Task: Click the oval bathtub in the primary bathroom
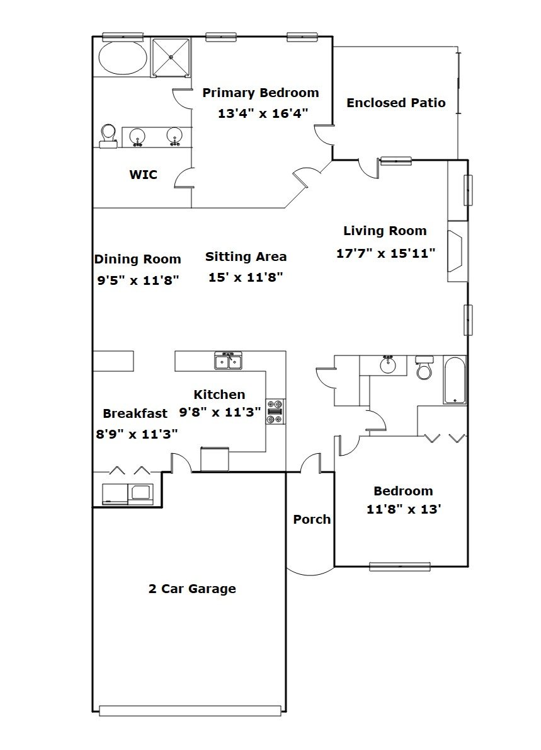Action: click(x=123, y=57)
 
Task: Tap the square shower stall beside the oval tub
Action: click(x=171, y=57)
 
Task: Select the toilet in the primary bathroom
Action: click(x=108, y=136)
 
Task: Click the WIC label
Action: click(x=144, y=175)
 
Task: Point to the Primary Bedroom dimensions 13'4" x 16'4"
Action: click(x=263, y=113)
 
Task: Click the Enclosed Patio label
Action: click(x=396, y=103)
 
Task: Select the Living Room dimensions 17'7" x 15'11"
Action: click(x=385, y=253)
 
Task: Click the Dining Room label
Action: click(x=138, y=259)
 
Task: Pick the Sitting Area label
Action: click(x=246, y=257)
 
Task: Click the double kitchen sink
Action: click(x=229, y=361)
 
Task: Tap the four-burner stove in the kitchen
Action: click(x=276, y=412)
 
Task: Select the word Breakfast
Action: click(x=135, y=413)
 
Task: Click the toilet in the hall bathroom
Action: click(x=424, y=367)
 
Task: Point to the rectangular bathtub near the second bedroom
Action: click(x=455, y=380)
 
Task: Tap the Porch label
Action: click(x=312, y=519)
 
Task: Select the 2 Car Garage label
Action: click(x=192, y=588)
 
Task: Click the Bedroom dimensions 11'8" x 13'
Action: click(x=403, y=509)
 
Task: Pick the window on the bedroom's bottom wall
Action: click(x=400, y=567)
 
